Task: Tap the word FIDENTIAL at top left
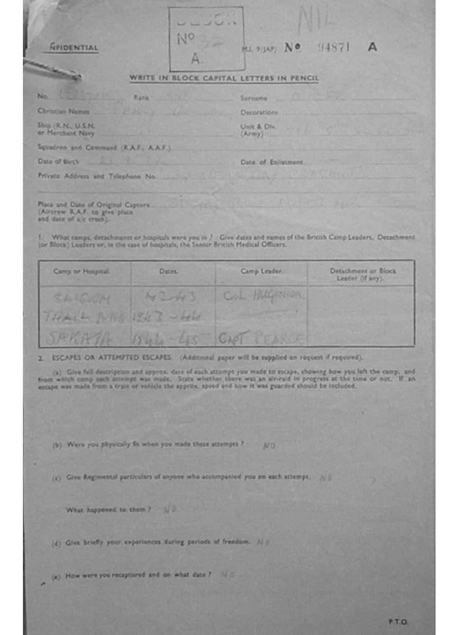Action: pos(74,48)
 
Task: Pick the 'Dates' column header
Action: pos(168,272)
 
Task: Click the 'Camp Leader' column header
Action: pos(261,272)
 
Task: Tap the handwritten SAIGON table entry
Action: pos(83,298)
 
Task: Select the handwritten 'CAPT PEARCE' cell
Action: pos(261,339)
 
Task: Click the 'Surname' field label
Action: pos(253,98)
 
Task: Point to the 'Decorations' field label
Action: pos(259,112)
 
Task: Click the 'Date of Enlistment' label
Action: pos(271,162)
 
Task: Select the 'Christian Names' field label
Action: pos(63,112)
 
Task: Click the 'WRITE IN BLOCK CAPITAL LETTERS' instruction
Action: pos(224,78)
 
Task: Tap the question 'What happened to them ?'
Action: pos(109,510)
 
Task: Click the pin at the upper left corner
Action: pos(52,69)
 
